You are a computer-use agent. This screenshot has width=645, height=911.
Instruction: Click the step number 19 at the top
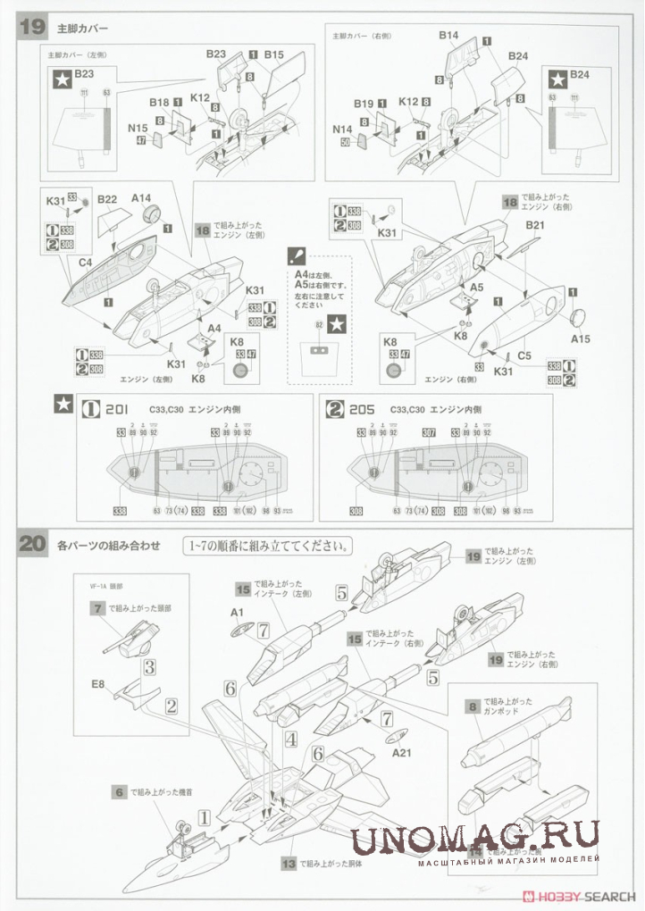click(x=30, y=26)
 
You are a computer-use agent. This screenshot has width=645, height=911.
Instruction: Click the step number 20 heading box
click(x=30, y=543)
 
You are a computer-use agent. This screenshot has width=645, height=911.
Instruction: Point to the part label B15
click(x=273, y=54)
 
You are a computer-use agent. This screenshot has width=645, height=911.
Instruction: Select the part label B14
click(x=448, y=36)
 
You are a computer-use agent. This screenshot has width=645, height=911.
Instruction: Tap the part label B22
click(x=108, y=198)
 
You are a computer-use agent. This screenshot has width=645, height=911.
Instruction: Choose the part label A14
click(x=142, y=198)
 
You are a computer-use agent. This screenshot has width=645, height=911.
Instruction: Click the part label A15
click(x=580, y=338)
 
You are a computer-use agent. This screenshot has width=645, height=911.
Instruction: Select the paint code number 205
click(x=363, y=408)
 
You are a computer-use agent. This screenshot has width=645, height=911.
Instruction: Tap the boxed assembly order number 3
click(x=150, y=666)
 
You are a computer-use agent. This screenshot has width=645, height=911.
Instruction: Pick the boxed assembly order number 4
click(x=290, y=739)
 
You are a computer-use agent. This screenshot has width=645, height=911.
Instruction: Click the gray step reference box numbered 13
click(x=288, y=864)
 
